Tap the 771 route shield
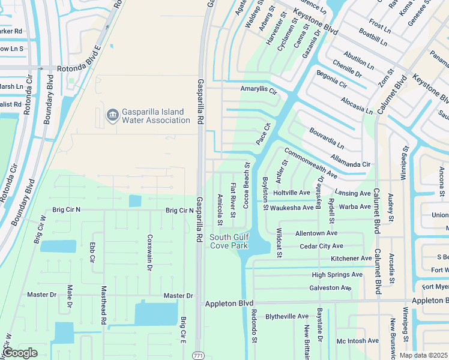pos(199,356)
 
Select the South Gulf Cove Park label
pos(229,241)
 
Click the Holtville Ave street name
pos(292,193)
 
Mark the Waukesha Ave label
pos(292,208)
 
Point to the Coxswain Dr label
pos(149,253)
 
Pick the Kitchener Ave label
pos(351,259)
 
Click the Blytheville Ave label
pos(287,316)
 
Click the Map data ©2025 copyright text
pos(423,355)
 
